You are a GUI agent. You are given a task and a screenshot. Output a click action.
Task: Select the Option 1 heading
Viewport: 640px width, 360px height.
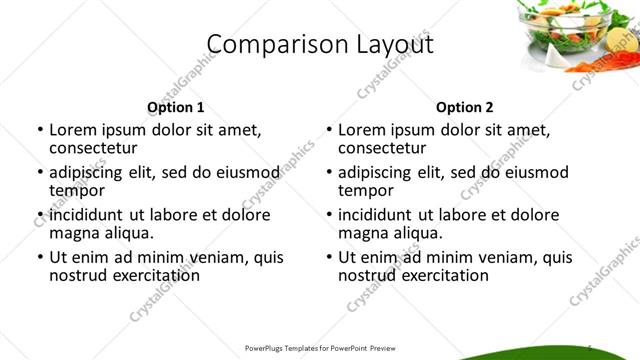coord(175,107)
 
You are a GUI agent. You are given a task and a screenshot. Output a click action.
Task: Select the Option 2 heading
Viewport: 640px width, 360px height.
coord(465,107)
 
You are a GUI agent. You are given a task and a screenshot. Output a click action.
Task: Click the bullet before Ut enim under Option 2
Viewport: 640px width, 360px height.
coord(328,257)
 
